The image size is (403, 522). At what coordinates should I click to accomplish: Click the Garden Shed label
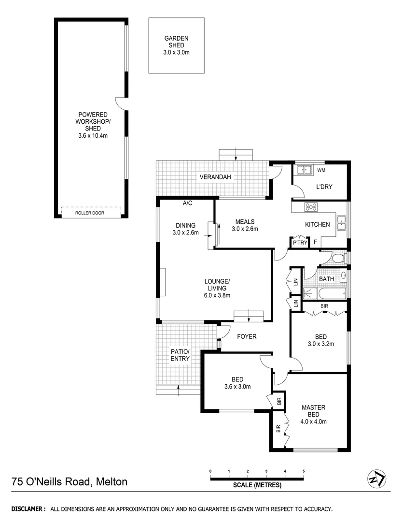176,42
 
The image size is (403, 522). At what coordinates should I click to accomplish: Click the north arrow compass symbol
376,478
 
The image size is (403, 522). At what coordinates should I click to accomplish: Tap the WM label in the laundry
321,170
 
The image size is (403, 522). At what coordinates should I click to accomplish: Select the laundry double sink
304,170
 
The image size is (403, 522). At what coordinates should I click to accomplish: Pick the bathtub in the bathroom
325,292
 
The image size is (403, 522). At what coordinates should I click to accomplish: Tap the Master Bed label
313,411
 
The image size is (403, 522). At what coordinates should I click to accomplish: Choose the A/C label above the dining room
187,203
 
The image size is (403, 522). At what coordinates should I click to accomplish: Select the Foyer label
247,336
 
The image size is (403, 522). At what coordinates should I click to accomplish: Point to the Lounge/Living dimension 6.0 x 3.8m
217,295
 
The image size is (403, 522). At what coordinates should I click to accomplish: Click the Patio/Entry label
180,355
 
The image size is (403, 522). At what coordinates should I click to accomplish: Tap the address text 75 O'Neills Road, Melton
69,482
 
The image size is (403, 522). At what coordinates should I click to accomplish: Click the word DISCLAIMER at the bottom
28,509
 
